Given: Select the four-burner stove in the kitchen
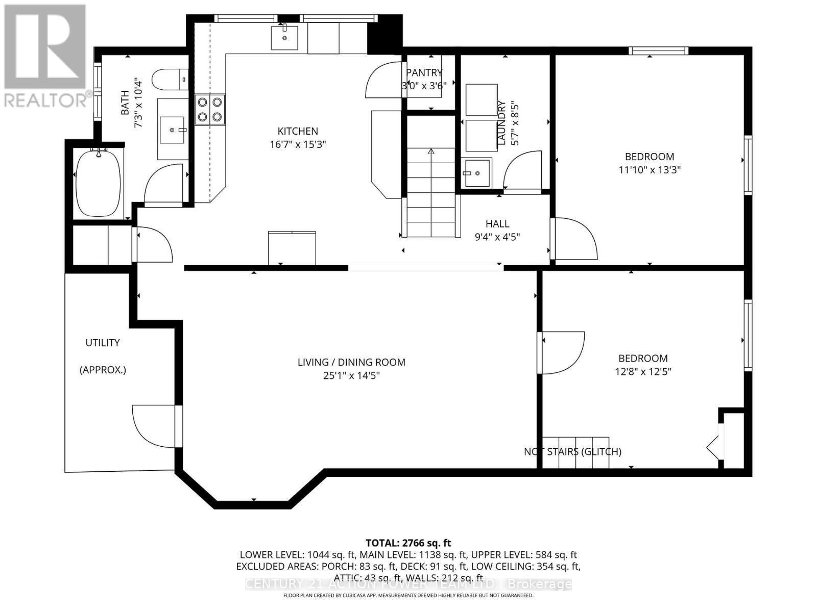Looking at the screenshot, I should pyautogui.click(x=210, y=110).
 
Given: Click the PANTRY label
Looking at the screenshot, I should pyautogui.click(x=424, y=72).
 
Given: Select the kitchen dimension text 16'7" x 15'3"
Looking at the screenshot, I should pyautogui.click(x=298, y=144).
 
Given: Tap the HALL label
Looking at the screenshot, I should pyautogui.click(x=497, y=223).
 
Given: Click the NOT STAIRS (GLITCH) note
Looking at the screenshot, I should pyautogui.click(x=572, y=451).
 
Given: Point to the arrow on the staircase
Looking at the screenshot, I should pyautogui.click(x=430, y=151).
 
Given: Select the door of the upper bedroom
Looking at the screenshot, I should pyautogui.click(x=574, y=239).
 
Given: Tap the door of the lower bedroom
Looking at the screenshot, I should pyautogui.click(x=561, y=352).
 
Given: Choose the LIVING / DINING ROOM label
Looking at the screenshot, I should pyautogui.click(x=351, y=362).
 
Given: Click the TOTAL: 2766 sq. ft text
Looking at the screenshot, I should pyautogui.click(x=408, y=543).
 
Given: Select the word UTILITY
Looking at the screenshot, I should pyautogui.click(x=103, y=343).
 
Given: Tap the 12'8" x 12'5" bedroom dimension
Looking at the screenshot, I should pyautogui.click(x=643, y=371).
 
